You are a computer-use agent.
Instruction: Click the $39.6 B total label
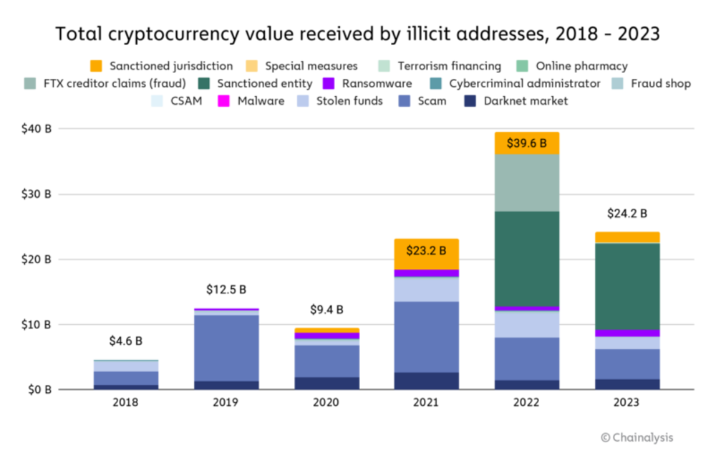point(526,143)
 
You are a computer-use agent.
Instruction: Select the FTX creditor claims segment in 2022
point(526,183)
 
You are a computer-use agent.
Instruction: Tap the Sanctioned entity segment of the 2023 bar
point(627,286)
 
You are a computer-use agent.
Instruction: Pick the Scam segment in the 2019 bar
point(226,348)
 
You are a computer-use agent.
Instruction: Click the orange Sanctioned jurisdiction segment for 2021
point(426,254)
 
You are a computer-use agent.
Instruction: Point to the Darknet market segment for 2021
point(426,381)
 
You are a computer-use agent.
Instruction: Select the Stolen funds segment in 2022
point(526,324)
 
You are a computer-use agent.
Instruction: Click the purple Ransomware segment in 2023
point(627,333)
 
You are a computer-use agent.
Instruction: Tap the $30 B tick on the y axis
point(37,194)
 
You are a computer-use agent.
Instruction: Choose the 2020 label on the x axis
point(326,402)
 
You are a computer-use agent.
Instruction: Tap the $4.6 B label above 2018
point(126,341)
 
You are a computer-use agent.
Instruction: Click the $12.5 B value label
point(226,289)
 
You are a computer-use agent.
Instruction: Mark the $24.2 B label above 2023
point(627,213)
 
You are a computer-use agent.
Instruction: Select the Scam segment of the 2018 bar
point(126,378)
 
